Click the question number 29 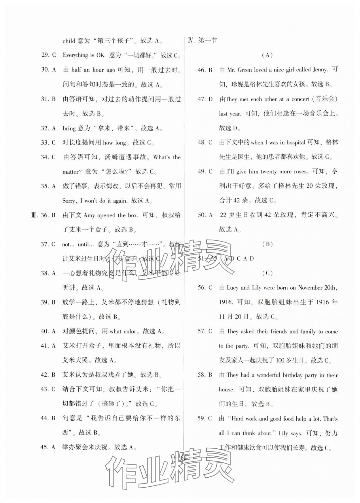[45, 55]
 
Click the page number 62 [183, 458]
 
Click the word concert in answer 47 [300, 99]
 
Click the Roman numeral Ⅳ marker [191, 41]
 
